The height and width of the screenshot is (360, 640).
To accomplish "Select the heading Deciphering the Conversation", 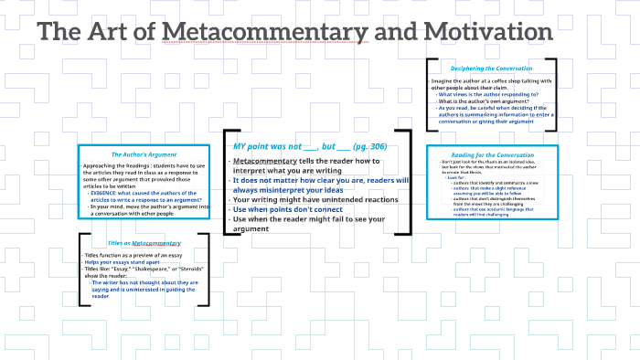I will click(x=491, y=69).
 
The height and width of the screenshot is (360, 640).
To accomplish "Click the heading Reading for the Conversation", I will click(x=491, y=155).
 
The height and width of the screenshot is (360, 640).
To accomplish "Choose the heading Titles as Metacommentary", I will click(x=144, y=243).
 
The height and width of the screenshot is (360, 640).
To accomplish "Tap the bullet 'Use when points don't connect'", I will click(x=291, y=209).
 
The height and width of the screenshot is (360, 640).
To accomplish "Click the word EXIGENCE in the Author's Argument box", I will click(x=104, y=194).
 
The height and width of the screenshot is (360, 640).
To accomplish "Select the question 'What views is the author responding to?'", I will click(x=487, y=94).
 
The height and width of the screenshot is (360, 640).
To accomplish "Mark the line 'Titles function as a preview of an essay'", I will click(x=132, y=255).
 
